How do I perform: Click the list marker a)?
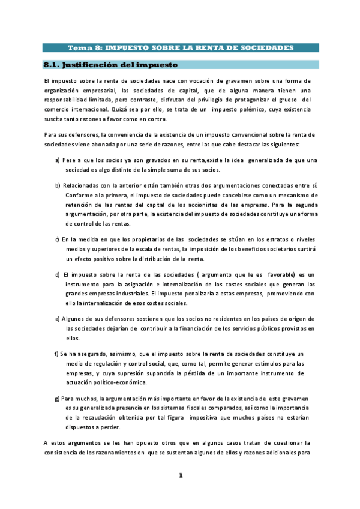(x=57, y=160)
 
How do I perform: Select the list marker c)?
(x=57, y=239)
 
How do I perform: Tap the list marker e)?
(x=57, y=319)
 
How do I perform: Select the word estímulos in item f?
(x=257, y=363)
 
